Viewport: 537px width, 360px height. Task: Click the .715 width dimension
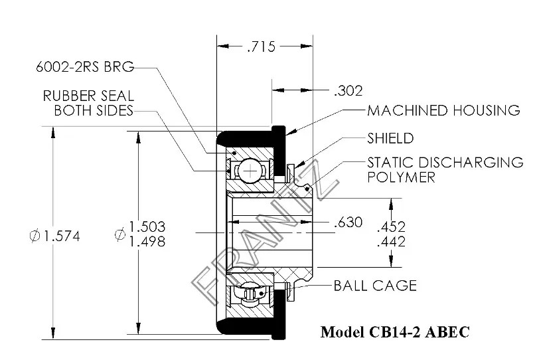click(260, 46)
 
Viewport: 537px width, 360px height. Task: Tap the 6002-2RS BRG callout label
click(86, 66)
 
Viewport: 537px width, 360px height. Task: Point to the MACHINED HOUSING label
click(443, 110)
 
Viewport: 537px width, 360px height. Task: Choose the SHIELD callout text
click(390, 138)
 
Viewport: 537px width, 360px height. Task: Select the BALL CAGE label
click(375, 286)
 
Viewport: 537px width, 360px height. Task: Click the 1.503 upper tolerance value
click(147, 226)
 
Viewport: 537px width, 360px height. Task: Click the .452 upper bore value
click(391, 226)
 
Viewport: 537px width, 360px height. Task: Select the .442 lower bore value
click(391, 242)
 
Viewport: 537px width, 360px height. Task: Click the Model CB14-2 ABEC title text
click(394, 331)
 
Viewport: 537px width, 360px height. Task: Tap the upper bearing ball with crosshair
click(250, 171)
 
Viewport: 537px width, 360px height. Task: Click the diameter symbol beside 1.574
click(35, 236)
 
